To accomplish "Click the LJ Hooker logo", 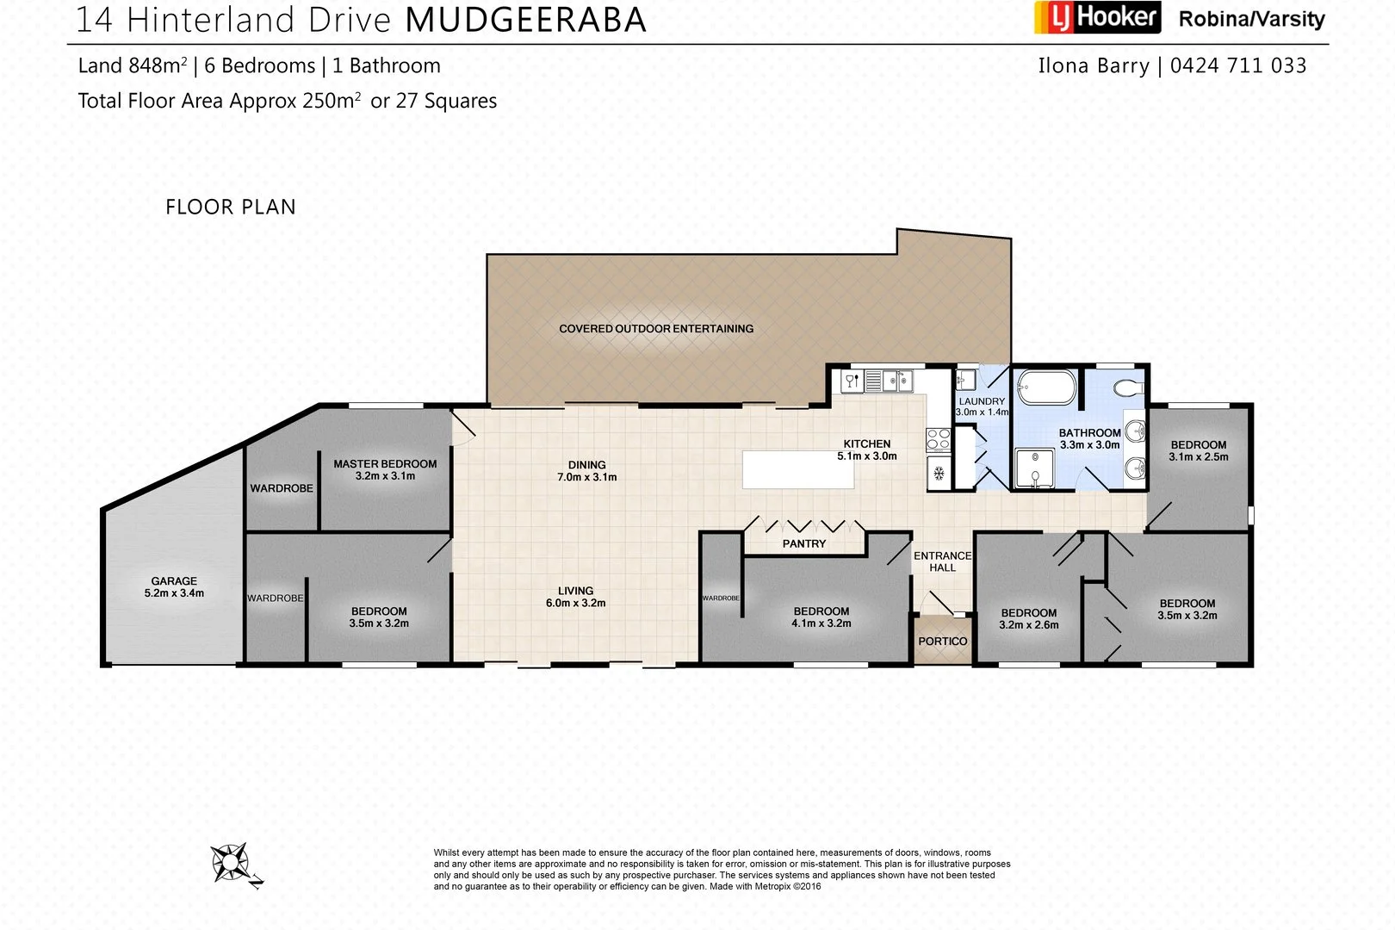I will click(1096, 18).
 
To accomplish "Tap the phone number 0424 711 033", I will click(1238, 65).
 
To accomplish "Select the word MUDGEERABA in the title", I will click(525, 20).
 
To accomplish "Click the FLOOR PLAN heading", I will click(231, 207).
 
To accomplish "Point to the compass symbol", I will click(231, 862).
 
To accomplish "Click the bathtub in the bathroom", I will click(1046, 387).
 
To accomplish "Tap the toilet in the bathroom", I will click(1127, 387).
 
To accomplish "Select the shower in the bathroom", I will click(1032, 468).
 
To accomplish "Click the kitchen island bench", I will click(798, 469).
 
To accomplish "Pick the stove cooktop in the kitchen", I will click(938, 440).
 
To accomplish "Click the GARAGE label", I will click(174, 581).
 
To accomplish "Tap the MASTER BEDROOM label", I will click(385, 463).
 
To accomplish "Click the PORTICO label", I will click(942, 642).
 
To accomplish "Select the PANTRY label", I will click(803, 543).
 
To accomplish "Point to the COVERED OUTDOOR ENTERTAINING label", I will click(656, 329).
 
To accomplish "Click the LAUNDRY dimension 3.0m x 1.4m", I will click(982, 412).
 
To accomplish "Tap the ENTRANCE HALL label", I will click(942, 561).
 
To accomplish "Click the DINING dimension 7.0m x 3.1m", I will click(587, 477).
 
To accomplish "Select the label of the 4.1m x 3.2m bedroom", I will click(821, 611).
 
